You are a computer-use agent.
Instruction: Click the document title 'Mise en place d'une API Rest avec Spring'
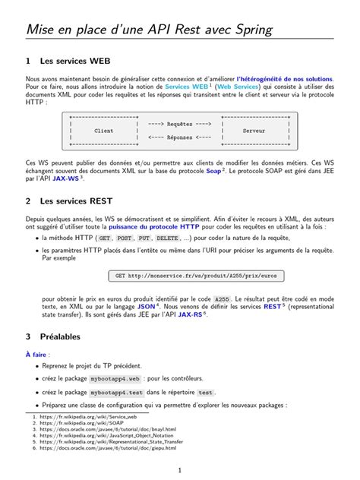pyautogui.click(x=149, y=30)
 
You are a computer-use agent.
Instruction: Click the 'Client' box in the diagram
pyautogui.click(x=103, y=131)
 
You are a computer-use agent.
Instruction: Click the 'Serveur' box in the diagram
pyautogui.click(x=254, y=131)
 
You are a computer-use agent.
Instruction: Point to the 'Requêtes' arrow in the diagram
pyautogui.click(x=179, y=123)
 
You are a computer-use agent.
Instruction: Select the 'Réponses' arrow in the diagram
pyautogui.click(x=179, y=137)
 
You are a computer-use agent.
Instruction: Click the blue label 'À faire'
pyautogui.click(x=36, y=354)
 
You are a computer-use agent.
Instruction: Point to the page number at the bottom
pyautogui.click(x=179, y=470)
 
